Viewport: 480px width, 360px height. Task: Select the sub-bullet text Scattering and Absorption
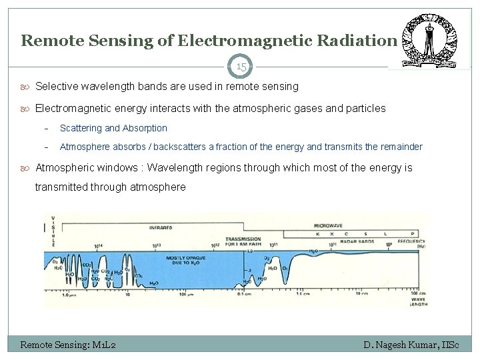(x=113, y=128)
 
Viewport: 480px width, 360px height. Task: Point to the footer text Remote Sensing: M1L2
(x=69, y=345)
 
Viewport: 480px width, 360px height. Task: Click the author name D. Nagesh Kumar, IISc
(x=417, y=345)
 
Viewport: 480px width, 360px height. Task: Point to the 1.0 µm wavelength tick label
(x=69, y=295)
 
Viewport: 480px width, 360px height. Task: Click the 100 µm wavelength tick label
(x=186, y=295)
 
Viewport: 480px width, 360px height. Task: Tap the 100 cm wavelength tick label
(x=418, y=293)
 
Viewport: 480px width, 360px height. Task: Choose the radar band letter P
(x=412, y=235)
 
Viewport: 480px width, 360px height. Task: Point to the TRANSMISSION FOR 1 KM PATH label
(x=243, y=241)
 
